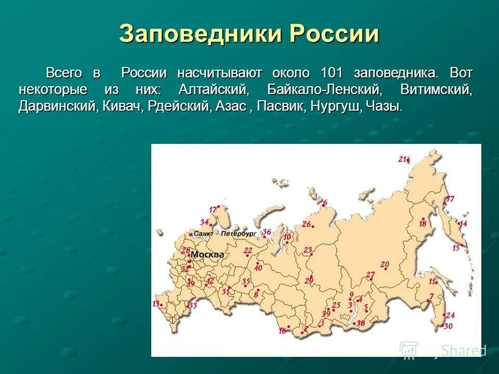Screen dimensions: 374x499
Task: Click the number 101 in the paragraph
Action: pyautogui.click(x=331, y=73)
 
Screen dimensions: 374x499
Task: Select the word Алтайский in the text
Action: pyautogui.click(x=214, y=89)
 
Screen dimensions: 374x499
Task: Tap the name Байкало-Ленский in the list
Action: pyautogui.click(x=324, y=89)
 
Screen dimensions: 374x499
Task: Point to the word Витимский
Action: pyautogui.click(x=436, y=89)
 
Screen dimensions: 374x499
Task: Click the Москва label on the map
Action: pyautogui.click(x=207, y=255)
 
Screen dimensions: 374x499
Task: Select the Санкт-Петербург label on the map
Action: pyautogui.click(x=225, y=234)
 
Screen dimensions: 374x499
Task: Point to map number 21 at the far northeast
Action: pyautogui.click(x=403, y=159)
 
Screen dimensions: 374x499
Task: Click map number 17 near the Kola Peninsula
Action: pyautogui.click(x=213, y=209)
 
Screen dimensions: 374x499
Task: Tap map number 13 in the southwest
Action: pyautogui.click(x=155, y=303)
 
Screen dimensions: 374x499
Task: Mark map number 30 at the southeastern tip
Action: pyautogui.click(x=448, y=326)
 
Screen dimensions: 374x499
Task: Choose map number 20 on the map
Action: pyautogui.click(x=385, y=264)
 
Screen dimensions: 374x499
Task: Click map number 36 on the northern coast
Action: pyautogui.click(x=267, y=232)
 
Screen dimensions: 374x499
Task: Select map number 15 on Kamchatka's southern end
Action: pyautogui.click(x=456, y=248)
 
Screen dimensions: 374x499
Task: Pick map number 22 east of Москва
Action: pyautogui.click(x=248, y=250)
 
